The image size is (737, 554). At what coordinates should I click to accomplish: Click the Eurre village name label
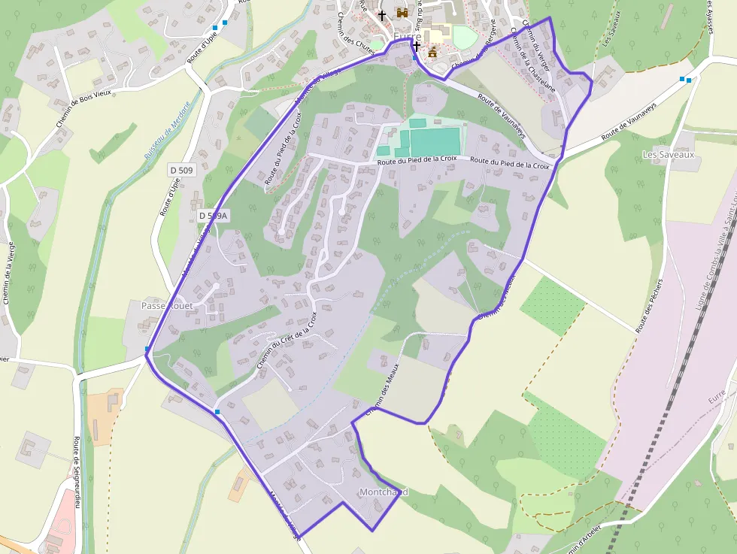407,36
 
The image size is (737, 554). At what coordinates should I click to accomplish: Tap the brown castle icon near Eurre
402,14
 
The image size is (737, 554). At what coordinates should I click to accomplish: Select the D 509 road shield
181,171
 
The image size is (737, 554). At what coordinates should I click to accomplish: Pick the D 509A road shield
213,216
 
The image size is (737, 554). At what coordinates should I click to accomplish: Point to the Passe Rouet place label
167,306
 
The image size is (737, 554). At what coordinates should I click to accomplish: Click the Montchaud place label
384,492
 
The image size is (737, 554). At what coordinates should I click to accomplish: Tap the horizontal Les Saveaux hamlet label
669,154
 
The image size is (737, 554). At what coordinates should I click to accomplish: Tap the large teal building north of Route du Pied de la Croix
433,141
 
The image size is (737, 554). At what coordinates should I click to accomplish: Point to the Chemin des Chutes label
355,34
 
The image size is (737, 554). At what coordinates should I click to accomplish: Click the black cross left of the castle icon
382,14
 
